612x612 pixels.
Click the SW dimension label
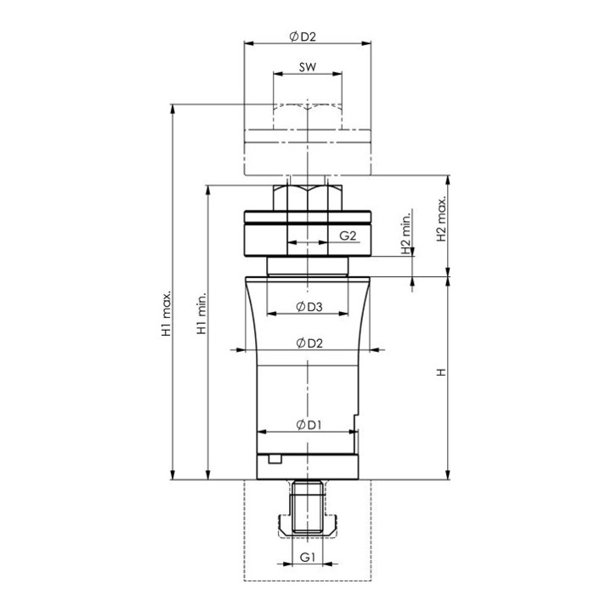308,67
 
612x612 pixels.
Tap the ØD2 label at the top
303,37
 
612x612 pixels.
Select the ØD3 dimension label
309,307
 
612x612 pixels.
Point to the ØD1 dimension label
309,425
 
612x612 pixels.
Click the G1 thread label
308,558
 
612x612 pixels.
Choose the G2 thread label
348,235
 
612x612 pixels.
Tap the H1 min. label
201,312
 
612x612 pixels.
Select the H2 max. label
441,218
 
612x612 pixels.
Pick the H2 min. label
406,234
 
